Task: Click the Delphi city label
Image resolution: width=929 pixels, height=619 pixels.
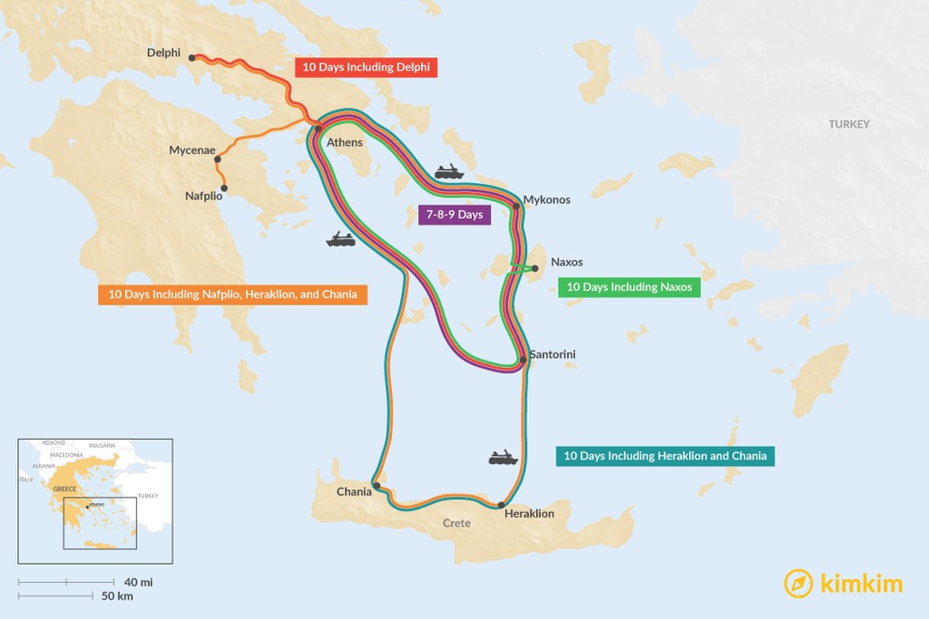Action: coord(163,53)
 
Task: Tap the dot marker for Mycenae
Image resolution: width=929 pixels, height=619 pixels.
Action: coord(218,160)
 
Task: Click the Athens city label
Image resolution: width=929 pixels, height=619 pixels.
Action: coord(345,142)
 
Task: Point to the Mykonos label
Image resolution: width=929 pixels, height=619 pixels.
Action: coord(547,199)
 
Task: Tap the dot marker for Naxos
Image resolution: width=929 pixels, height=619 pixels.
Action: coord(534,267)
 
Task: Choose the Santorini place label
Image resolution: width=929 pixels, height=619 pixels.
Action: coord(553,353)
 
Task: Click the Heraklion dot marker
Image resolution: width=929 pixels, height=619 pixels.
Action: coord(502,505)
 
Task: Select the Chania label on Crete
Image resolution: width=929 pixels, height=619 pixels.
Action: coord(354,491)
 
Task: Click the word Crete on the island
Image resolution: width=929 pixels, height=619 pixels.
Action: coord(456,523)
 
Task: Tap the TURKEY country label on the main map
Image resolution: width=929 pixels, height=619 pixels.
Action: coord(848,124)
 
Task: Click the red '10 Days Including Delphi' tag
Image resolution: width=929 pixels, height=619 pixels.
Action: coord(367,67)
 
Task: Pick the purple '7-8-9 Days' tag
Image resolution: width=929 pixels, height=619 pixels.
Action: coord(450,215)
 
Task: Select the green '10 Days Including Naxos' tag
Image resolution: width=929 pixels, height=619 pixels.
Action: coord(629,287)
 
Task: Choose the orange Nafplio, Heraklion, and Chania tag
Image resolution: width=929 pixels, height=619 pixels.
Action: coord(232,295)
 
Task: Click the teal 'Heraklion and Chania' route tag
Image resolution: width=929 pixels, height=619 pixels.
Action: coord(665,456)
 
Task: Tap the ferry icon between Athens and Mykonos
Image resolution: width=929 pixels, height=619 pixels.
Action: coord(449,171)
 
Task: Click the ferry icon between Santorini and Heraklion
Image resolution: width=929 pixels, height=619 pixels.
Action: coord(504,458)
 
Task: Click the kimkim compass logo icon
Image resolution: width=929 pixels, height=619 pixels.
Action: coord(798,583)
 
